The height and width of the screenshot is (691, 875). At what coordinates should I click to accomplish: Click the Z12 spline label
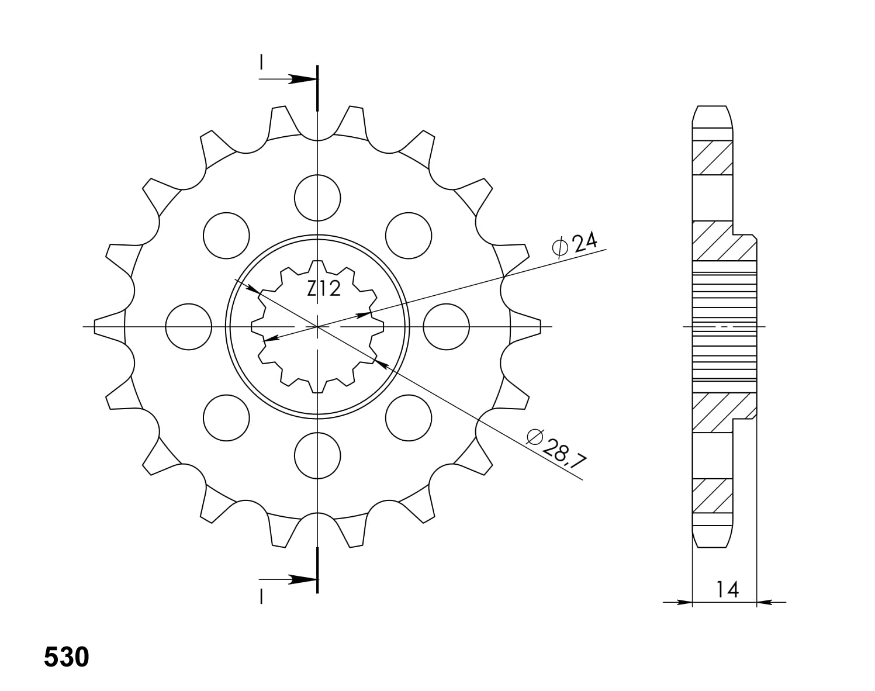pos(324,288)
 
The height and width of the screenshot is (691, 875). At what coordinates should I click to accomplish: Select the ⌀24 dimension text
pos(574,244)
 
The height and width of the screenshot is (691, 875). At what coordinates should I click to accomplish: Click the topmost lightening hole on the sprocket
pos(317,198)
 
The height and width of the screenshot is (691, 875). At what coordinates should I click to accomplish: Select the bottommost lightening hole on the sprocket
pos(317,455)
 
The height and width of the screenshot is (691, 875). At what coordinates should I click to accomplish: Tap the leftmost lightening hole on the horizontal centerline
pos(188,327)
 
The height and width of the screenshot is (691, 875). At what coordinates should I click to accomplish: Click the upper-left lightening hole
pos(226,235)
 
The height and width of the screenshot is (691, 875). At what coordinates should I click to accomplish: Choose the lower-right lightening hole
pos(409,417)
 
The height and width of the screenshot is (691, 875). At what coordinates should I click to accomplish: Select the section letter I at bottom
pos(262,596)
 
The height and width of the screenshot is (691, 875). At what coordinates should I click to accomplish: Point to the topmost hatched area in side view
pos(712,158)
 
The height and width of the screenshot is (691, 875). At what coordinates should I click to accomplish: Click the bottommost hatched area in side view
pos(712,496)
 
